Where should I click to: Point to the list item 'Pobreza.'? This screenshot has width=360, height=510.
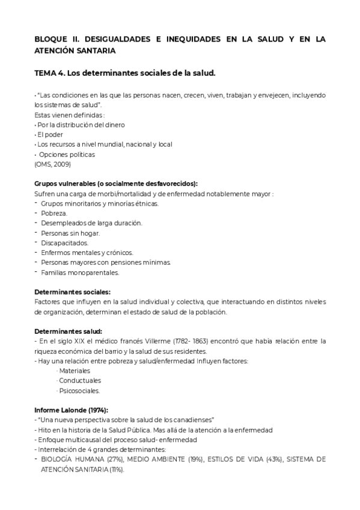click(54, 213)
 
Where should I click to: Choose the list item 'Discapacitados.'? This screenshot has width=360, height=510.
click(64, 243)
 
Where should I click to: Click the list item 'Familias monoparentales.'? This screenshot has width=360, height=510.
click(80, 272)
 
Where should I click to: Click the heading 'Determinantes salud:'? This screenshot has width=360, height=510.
click(68, 331)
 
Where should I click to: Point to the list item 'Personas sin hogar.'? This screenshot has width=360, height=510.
click(70, 233)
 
